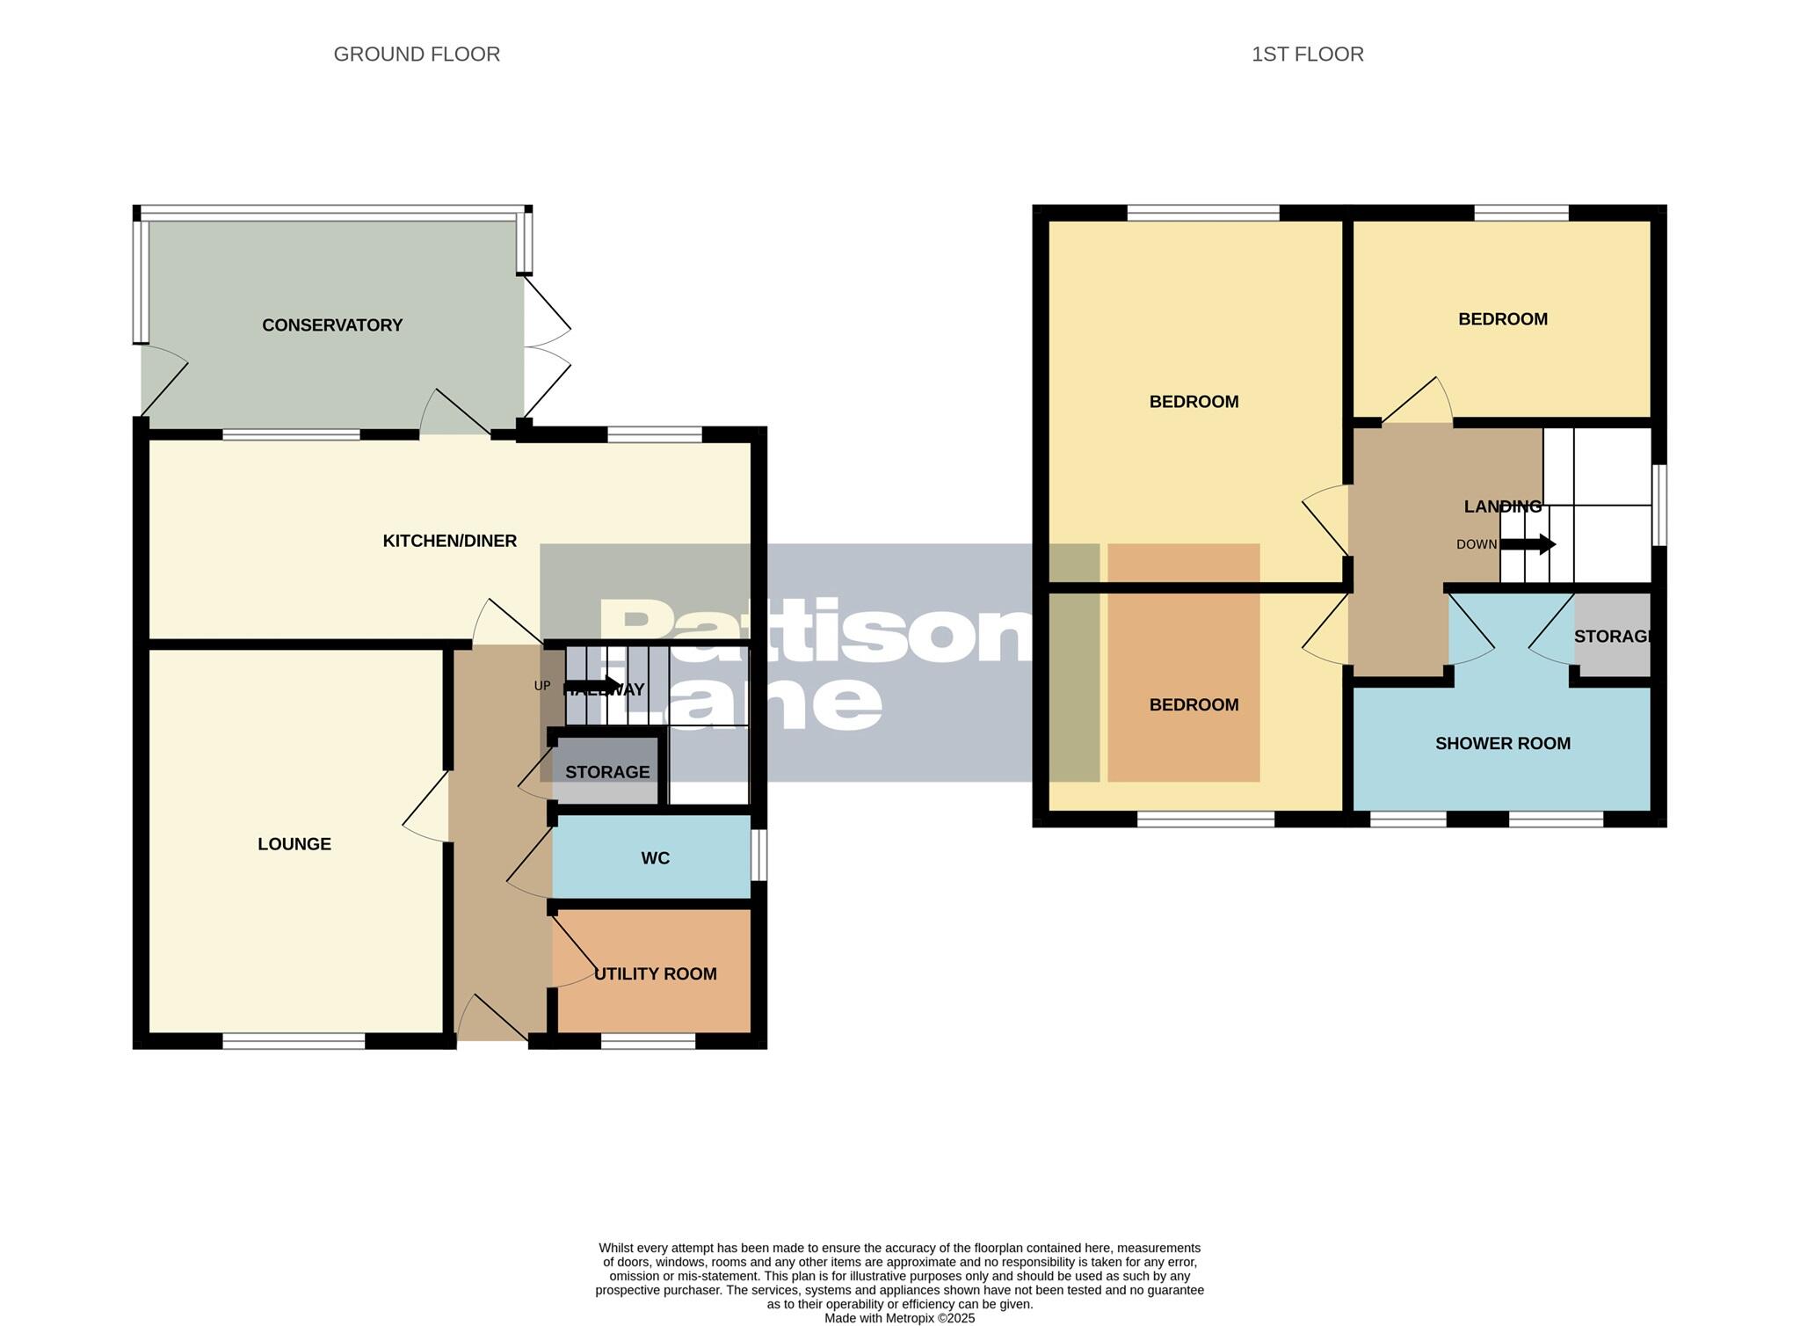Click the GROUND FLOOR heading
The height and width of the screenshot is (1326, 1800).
click(417, 55)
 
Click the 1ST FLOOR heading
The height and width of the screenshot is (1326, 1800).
click(1307, 55)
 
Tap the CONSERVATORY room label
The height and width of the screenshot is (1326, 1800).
click(332, 325)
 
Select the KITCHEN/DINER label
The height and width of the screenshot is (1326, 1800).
click(449, 541)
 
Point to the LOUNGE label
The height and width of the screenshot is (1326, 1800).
click(294, 844)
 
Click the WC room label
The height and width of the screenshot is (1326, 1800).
click(655, 858)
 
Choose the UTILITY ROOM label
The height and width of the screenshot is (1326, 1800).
click(655, 973)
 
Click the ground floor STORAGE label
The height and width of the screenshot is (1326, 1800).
click(607, 772)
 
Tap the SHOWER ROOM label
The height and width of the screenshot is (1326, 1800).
click(1502, 743)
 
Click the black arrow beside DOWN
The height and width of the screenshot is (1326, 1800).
click(1528, 544)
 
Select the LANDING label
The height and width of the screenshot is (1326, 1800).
click(1502, 506)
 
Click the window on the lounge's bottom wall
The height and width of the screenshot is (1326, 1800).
click(294, 1041)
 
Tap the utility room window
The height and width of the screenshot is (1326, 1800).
click(648, 1041)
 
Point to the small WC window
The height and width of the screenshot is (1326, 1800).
click(758, 855)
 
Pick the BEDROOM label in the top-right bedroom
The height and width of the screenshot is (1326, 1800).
click(1502, 319)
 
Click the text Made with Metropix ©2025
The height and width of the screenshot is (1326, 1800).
click(899, 1318)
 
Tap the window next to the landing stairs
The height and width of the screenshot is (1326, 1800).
click(1659, 506)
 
